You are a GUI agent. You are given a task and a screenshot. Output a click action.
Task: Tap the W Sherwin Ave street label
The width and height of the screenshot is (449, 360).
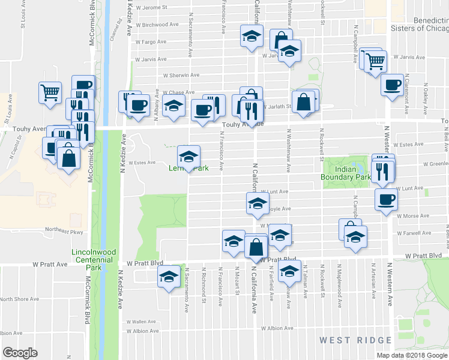coord(181,76)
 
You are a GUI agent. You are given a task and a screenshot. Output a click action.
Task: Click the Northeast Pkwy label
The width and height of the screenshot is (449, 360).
coord(62,230)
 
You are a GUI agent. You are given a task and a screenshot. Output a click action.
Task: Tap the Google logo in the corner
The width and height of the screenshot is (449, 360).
coord(20,352)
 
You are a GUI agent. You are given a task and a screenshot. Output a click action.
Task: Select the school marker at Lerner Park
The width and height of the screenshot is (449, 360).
coord(188,157)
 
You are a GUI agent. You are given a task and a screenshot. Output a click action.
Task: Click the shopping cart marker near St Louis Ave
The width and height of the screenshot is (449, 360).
coord(50,92)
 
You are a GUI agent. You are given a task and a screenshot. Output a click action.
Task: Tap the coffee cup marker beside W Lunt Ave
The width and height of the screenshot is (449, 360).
coord(385,200)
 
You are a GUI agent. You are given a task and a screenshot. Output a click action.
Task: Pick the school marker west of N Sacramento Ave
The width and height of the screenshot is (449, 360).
coord(169,278)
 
